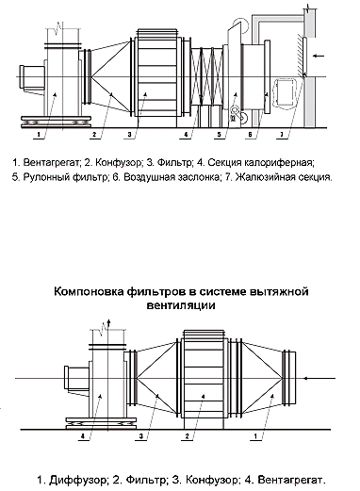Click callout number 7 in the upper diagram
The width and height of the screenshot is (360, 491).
[x=282, y=135]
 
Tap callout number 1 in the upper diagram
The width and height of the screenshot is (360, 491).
[x=39, y=135]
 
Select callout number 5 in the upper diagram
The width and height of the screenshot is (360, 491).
[x=220, y=135]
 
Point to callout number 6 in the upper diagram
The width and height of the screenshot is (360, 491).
[x=250, y=135]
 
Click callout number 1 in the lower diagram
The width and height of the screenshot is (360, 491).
[x=255, y=436]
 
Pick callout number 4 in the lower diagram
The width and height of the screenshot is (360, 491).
[x=83, y=436]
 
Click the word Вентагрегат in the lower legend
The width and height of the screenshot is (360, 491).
[x=291, y=480]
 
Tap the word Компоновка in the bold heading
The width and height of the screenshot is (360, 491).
[x=89, y=292]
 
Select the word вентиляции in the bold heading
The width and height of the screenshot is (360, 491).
[x=181, y=305]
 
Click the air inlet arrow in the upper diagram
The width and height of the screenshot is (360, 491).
[x=319, y=56]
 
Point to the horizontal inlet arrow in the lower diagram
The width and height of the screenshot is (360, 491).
[x=319, y=378]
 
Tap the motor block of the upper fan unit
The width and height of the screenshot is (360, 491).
[x=31, y=77]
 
